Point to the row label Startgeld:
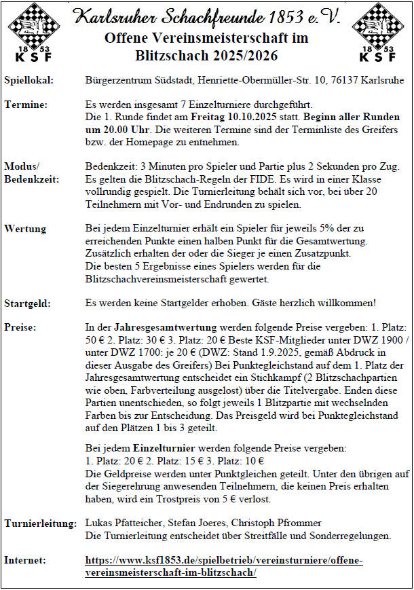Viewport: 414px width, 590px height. [x=28, y=302]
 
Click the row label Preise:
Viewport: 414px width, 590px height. [x=22, y=327]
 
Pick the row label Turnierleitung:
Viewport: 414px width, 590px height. [x=40, y=523]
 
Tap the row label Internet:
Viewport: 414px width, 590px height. [x=25, y=560]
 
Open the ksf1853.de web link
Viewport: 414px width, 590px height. [x=224, y=566]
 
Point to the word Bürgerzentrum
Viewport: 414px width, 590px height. [x=118, y=80]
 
